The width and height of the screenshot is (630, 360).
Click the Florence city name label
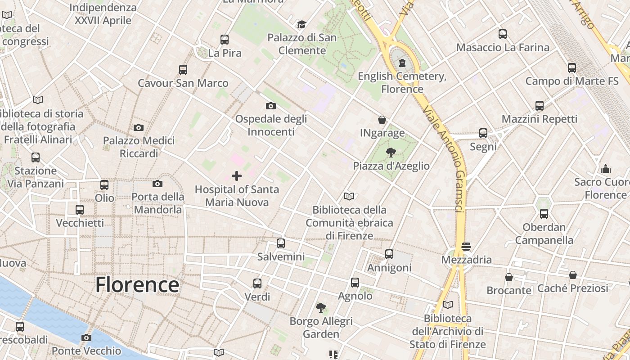(137, 285)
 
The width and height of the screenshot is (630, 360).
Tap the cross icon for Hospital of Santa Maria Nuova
(236, 176)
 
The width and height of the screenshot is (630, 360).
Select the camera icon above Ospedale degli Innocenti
(270, 106)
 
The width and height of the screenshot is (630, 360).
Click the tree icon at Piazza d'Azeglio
(391, 153)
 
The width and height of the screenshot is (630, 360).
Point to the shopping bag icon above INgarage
(382, 120)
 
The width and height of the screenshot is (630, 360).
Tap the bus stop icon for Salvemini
(281, 243)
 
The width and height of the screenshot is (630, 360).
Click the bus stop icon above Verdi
(257, 283)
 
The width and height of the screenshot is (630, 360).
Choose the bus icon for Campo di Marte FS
(571, 68)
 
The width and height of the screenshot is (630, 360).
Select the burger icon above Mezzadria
(466, 247)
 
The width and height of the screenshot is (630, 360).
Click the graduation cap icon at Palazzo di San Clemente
(301, 24)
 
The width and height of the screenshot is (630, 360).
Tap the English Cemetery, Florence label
(402, 82)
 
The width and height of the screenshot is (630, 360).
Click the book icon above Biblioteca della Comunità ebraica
(349, 196)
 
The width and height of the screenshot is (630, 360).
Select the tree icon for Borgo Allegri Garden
(321, 308)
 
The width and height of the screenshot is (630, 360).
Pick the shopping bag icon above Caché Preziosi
(573, 275)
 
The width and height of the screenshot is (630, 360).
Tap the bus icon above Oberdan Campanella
(544, 214)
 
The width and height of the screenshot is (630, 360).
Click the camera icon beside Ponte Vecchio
(86, 337)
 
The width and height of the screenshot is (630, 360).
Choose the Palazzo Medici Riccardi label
(139, 147)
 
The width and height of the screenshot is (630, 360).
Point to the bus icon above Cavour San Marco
(183, 70)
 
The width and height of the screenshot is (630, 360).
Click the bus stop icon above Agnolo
(355, 283)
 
